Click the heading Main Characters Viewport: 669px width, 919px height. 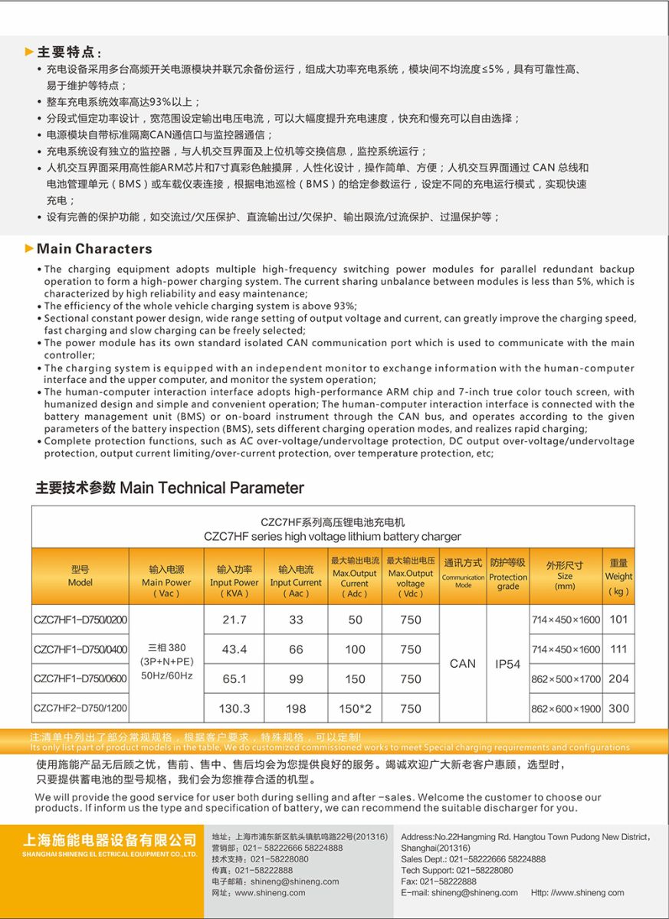(94, 249)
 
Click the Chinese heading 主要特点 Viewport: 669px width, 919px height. (69, 52)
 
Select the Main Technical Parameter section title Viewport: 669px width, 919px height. (169, 489)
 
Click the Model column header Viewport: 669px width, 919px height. (80, 576)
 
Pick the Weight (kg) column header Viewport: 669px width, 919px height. (618, 577)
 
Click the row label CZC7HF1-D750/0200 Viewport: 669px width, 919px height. (80, 620)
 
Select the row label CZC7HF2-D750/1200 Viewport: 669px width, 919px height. (80, 709)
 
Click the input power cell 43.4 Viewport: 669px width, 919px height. (234, 649)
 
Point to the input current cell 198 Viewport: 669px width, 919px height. (296, 709)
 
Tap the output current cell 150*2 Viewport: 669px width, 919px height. (355, 709)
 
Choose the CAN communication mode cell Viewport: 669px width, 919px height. (463, 664)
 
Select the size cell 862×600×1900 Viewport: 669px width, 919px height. (566, 709)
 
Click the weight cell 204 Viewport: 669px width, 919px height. (618, 679)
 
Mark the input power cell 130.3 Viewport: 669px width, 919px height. (234, 709)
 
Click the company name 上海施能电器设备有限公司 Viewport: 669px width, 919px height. (110, 840)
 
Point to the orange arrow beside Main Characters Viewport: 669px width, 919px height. (29, 248)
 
